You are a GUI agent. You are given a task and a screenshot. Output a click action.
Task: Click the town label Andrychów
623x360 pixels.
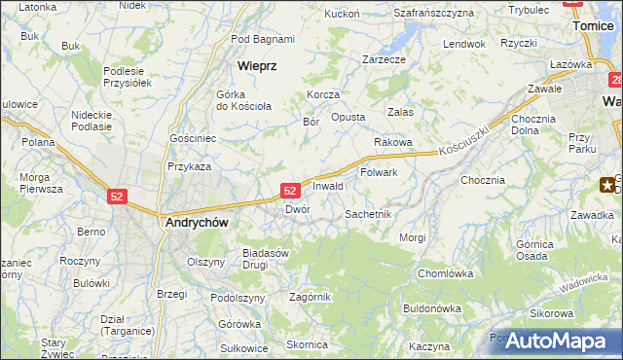197,222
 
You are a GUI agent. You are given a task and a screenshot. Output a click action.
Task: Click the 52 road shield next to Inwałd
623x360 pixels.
289,191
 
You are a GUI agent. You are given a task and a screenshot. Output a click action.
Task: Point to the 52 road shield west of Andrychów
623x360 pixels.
117,196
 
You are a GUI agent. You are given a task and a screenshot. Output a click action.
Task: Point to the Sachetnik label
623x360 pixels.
368,213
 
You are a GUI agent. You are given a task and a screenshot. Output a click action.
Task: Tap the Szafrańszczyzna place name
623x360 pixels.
433,14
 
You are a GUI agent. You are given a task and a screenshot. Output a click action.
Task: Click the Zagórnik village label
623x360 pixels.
311,297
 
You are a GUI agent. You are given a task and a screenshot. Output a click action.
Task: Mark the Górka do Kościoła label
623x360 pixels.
237,99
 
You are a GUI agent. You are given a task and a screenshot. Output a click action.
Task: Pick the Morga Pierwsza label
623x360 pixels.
41,184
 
